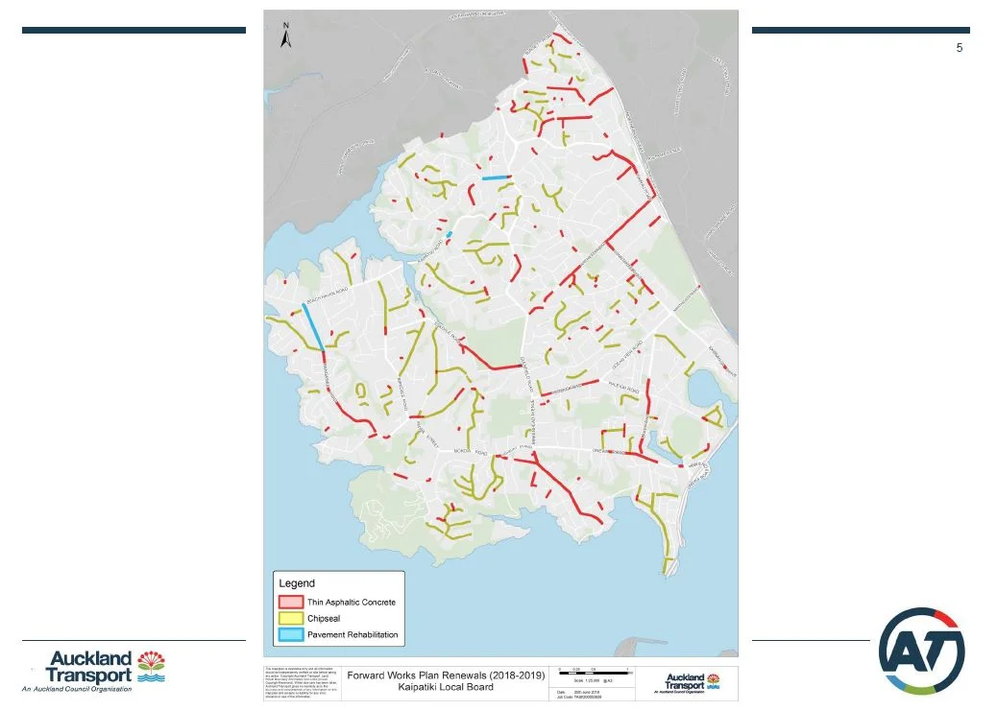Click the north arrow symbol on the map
(285, 37)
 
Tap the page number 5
(959, 48)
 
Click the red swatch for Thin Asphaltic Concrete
(291, 603)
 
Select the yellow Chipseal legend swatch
(291, 619)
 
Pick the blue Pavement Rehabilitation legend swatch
(291, 635)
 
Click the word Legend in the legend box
(296, 583)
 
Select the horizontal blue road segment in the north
(495, 178)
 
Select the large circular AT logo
(922, 651)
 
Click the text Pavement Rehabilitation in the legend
(353, 635)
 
